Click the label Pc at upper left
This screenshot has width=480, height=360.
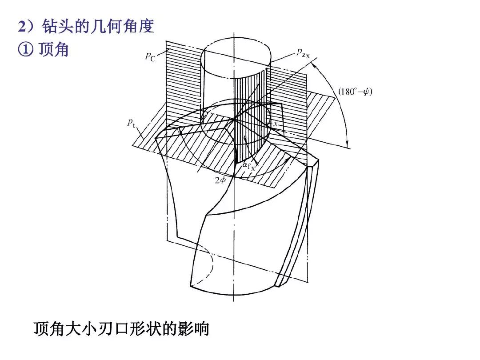coord(150,56)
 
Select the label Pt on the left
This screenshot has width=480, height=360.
coord(131,124)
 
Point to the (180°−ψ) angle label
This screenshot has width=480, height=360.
coord(355,92)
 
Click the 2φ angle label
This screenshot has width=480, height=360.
coord(220,180)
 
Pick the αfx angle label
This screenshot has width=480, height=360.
coord(249,166)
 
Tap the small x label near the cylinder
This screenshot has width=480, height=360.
coord(276,124)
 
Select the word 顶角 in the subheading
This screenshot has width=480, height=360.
coord(53,49)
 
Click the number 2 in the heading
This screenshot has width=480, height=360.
coord(22,26)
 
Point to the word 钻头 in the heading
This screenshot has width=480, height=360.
coord(57,26)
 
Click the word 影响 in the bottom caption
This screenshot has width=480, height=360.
coord(194,328)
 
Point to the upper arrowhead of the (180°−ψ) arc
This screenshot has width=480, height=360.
coord(314,64)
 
